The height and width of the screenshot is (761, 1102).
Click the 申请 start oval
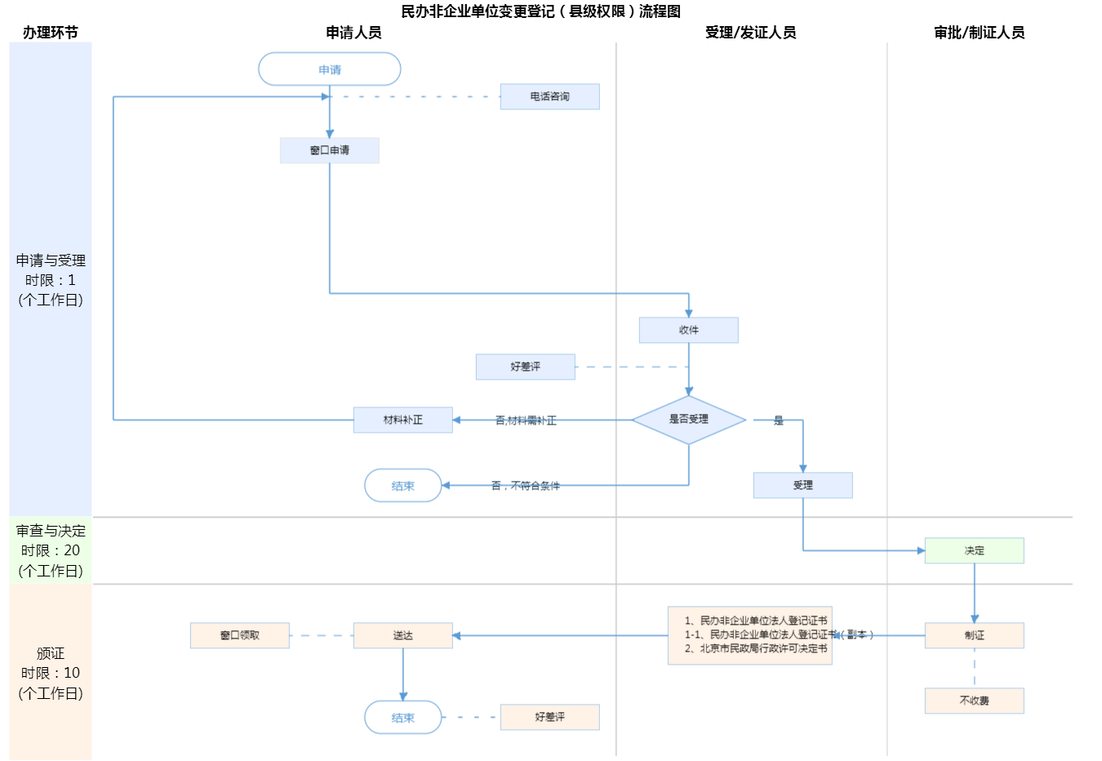click(329, 69)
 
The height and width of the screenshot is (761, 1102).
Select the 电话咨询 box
click(549, 96)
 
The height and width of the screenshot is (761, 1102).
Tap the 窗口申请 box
click(329, 150)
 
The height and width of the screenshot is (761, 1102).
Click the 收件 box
click(688, 330)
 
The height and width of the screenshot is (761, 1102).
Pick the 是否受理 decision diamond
click(688, 420)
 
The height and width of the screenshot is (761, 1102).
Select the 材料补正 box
click(402, 420)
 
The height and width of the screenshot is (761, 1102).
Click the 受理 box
click(802, 485)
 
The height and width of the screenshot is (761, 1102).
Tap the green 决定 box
click(974, 550)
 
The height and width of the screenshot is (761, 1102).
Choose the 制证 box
click(974, 635)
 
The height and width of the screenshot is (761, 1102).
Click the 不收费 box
click(974, 701)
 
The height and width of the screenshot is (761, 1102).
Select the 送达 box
click(402, 635)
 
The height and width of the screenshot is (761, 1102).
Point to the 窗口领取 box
click(239, 635)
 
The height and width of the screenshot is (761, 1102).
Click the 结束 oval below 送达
click(402, 718)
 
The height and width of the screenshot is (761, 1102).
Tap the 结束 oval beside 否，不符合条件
click(402, 486)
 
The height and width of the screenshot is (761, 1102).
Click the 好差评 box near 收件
click(525, 367)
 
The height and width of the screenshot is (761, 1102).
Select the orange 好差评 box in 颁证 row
click(549, 717)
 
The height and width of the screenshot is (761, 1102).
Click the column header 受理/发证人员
click(750, 33)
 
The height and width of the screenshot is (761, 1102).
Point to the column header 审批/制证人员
click(979, 33)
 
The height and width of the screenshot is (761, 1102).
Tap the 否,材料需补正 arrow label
click(526, 421)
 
